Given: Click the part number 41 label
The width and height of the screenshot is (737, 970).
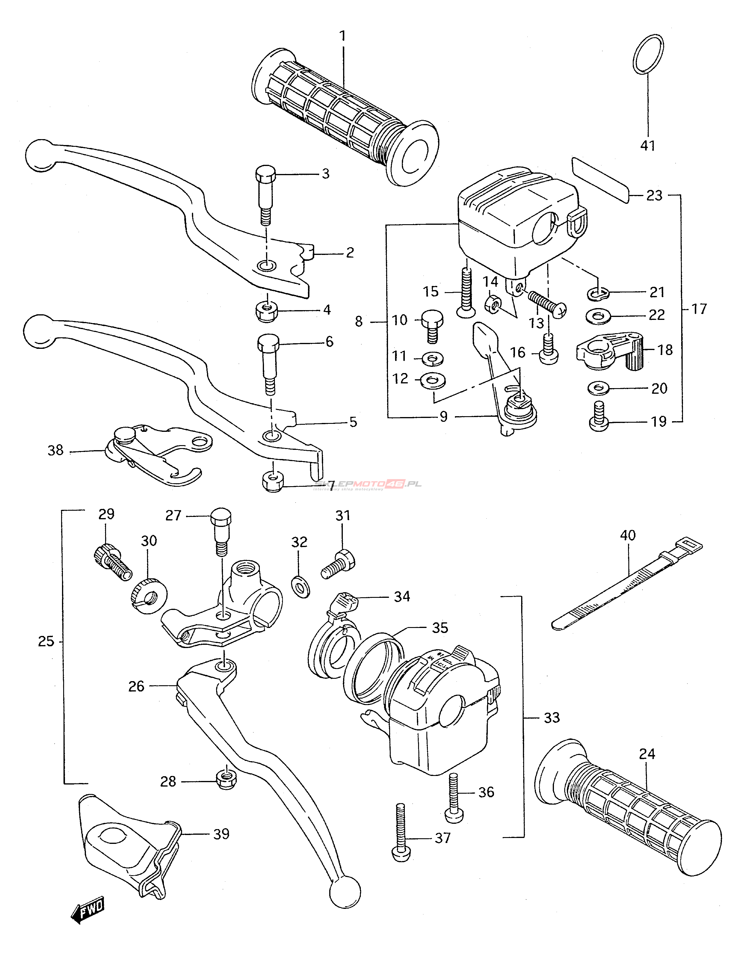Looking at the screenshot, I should click(x=648, y=145).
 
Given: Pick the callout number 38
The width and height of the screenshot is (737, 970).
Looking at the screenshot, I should click(x=56, y=450).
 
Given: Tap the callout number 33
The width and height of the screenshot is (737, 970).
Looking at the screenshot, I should click(x=552, y=718).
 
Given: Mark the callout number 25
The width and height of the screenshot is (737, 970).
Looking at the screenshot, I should click(x=46, y=642).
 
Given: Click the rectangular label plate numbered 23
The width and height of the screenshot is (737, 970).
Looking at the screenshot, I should click(x=601, y=180).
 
